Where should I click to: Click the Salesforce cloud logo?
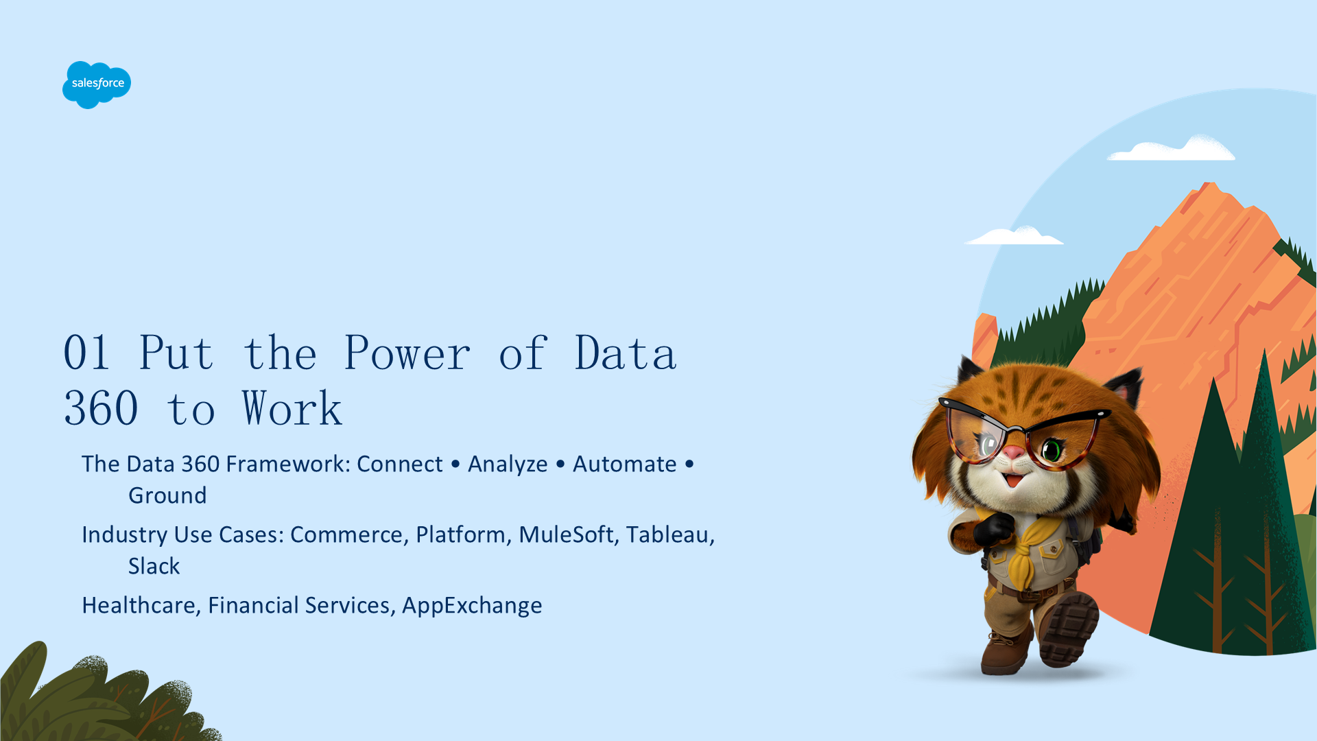tap(97, 84)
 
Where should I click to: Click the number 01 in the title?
tap(87, 353)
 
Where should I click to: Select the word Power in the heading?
tap(407, 353)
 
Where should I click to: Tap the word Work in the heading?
tap(292, 408)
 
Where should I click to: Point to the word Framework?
tap(288, 464)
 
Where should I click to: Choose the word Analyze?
tap(508, 465)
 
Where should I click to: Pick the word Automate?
tap(625, 464)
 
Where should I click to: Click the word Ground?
tap(167, 495)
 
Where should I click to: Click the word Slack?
tap(154, 566)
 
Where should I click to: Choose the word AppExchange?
tap(472, 606)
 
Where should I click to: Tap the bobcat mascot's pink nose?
tap(1014, 453)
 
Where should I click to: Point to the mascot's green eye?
tap(1052, 451)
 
